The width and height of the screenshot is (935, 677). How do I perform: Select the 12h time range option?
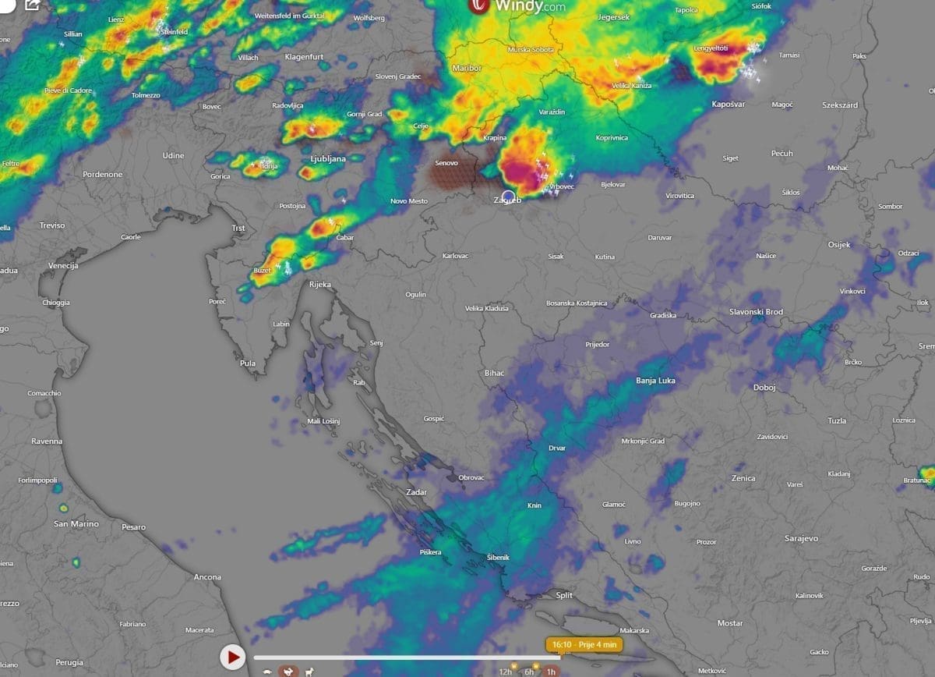(506, 672)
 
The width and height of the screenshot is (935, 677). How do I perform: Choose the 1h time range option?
(551, 672)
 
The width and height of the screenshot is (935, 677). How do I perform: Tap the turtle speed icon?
(267, 672)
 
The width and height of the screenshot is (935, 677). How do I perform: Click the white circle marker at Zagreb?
(508, 197)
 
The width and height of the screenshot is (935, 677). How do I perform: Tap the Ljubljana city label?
(328, 158)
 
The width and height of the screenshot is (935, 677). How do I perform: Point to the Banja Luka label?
(655, 381)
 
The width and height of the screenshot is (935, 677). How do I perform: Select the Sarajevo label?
(801, 538)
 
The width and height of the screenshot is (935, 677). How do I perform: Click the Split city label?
(563, 595)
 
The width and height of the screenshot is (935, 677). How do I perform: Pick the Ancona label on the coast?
(207, 577)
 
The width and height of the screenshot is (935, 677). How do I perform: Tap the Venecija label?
(63, 266)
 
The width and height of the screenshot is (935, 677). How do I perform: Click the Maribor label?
(467, 69)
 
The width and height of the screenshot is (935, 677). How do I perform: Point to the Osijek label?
(839, 245)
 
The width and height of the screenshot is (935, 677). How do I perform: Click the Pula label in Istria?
(248, 363)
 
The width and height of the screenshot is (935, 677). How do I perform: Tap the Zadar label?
(416, 492)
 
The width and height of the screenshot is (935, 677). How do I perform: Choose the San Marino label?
(76, 524)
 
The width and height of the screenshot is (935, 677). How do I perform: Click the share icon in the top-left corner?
(32, 5)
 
